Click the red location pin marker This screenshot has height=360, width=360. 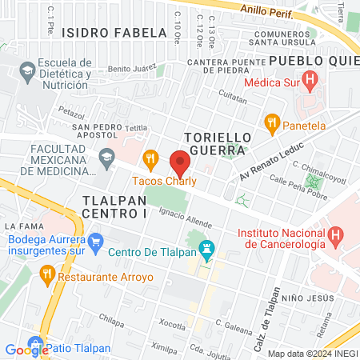point(181,162)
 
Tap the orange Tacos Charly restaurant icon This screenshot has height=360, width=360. point(150,158)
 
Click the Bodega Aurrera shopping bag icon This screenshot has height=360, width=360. point(96,239)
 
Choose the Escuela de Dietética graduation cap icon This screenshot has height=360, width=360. point(26,71)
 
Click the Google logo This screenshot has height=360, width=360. point(26,349)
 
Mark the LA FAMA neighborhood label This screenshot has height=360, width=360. point(22,227)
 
